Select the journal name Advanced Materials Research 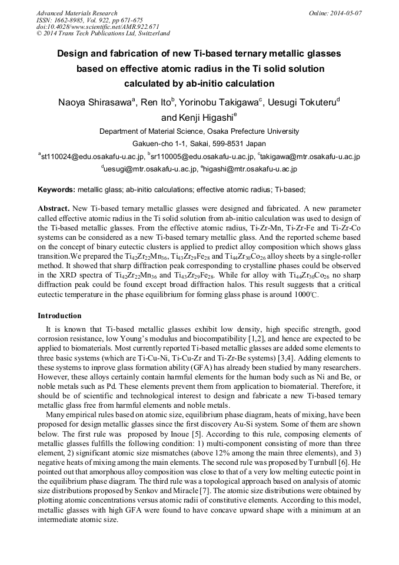(x=77, y=13)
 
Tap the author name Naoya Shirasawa (x=96, y=103)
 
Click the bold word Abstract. (x=55, y=209)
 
